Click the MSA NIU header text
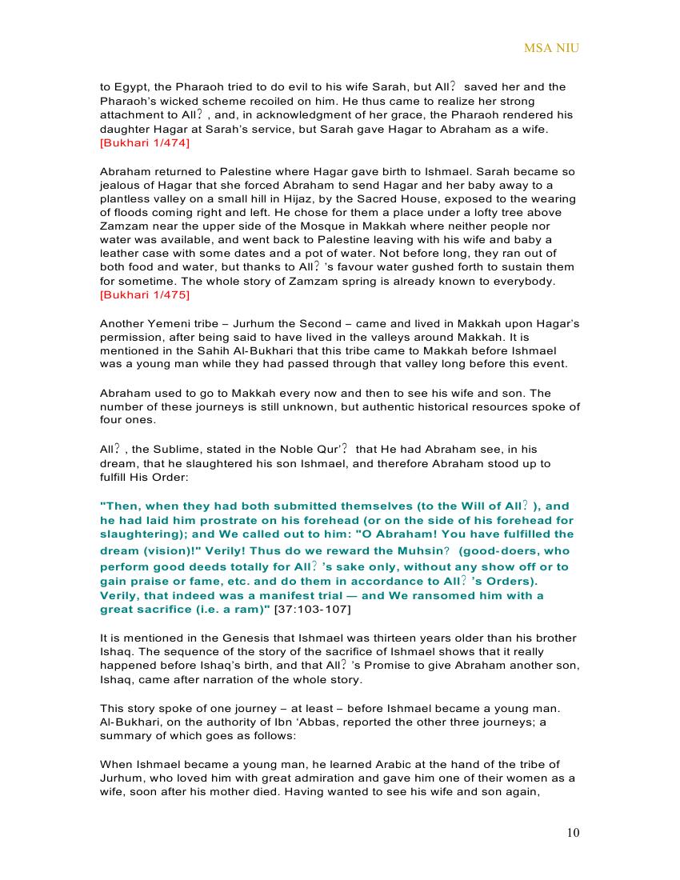(551, 48)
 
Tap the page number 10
(573, 833)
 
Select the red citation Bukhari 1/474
(145, 143)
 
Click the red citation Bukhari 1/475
(145, 295)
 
